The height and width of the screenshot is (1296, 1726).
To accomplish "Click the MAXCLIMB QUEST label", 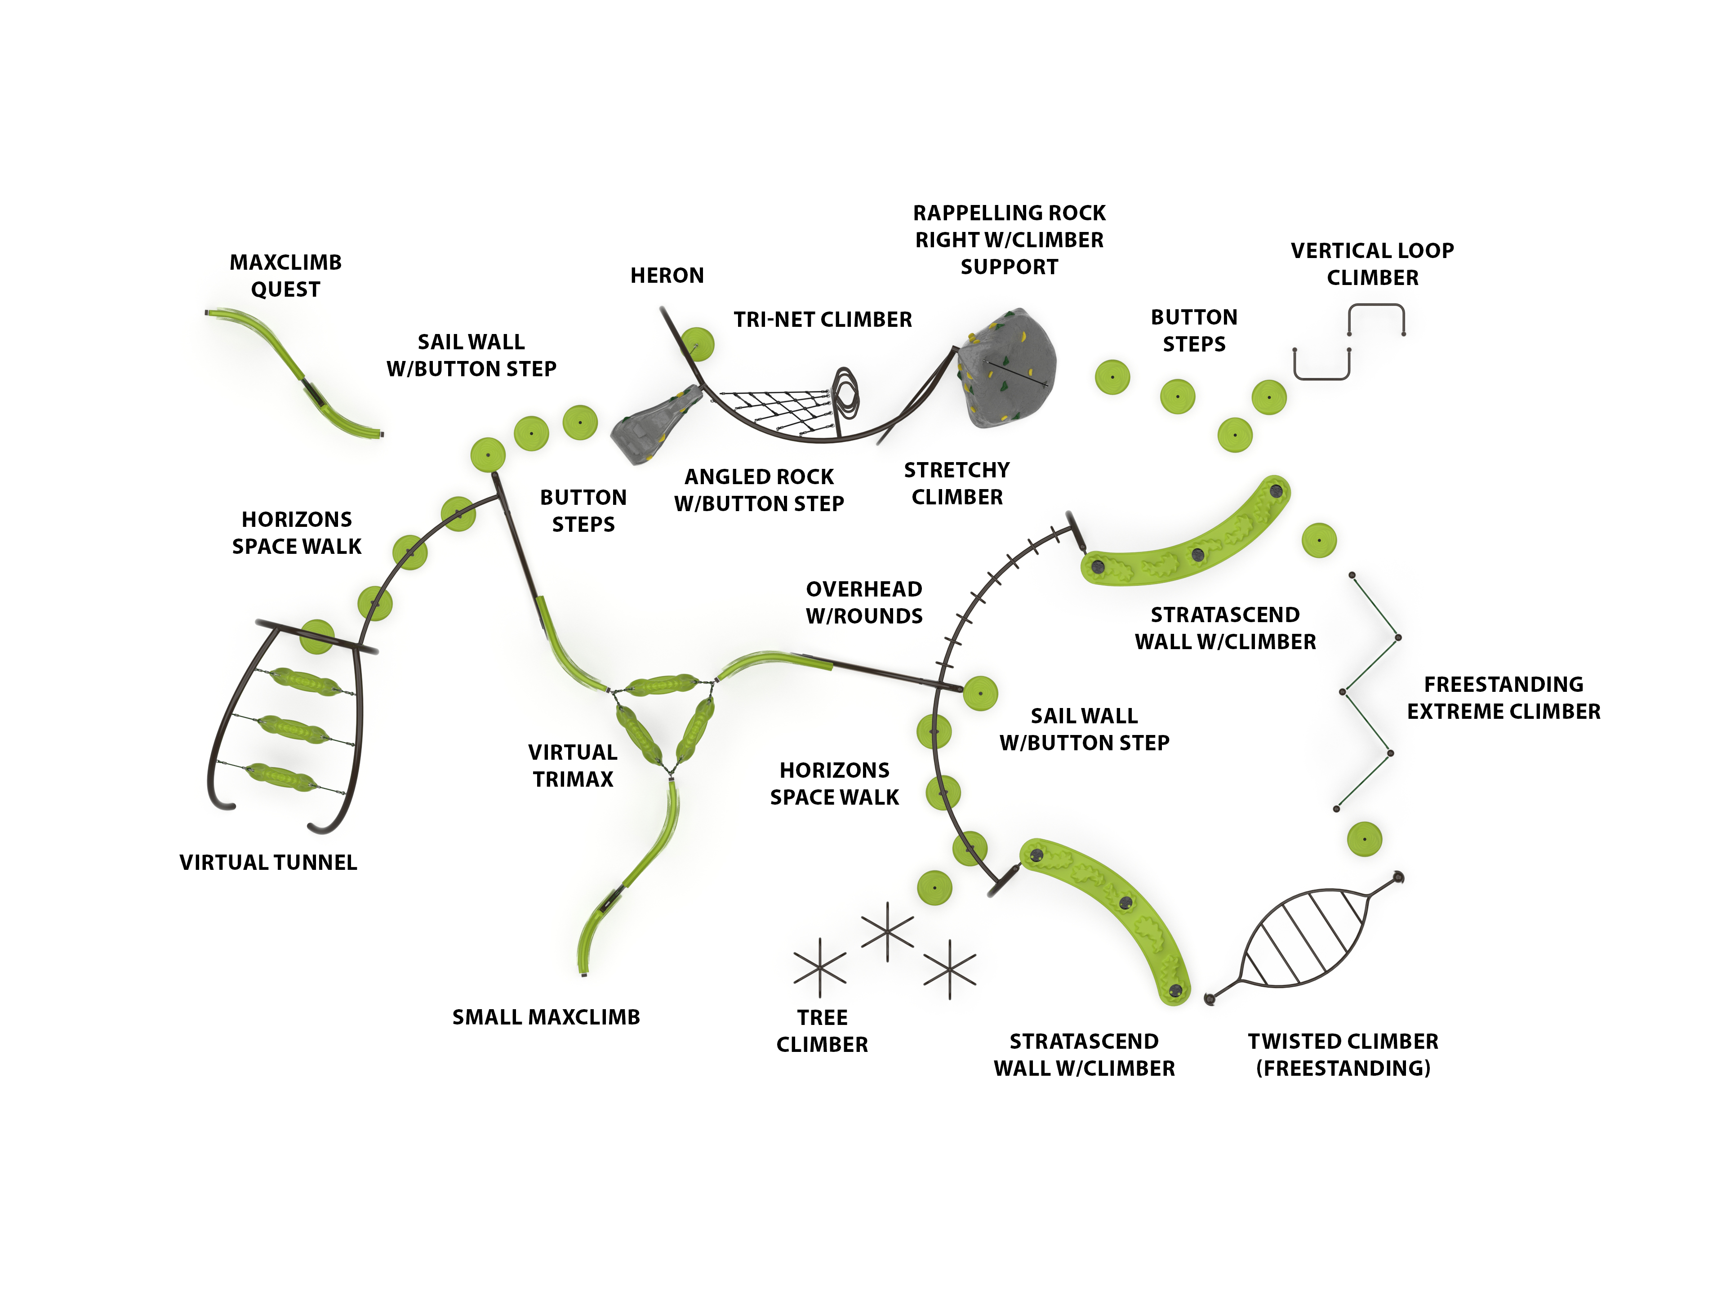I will (x=285, y=276).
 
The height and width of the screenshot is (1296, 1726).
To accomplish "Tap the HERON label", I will (x=667, y=276).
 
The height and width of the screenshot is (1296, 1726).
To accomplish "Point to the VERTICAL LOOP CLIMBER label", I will (x=1372, y=264).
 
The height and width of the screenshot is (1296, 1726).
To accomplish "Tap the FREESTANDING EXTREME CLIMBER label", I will (x=1503, y=698).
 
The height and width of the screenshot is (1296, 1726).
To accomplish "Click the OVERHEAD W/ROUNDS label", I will (x=864, y=602).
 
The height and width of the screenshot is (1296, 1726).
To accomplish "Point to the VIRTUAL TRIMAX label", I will (x=573, y=766).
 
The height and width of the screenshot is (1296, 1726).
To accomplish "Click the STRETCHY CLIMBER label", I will (x=956, y=483).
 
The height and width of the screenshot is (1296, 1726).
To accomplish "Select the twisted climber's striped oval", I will (x=1303, y=937).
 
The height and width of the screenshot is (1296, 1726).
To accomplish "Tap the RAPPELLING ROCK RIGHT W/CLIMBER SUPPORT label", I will (x=1009, y=240).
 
